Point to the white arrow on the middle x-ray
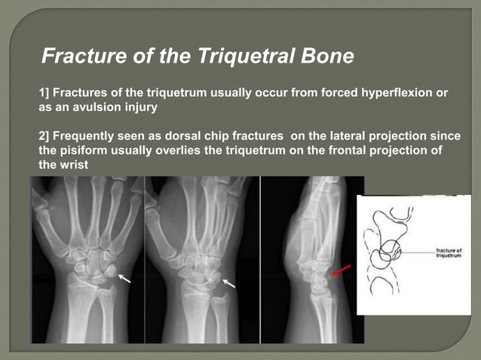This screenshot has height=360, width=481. [228, 283]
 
